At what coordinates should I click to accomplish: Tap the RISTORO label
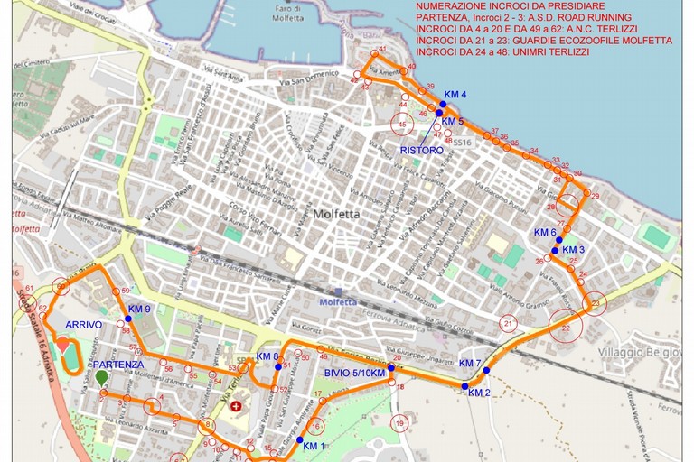pyautogui.click(x=421, y=151)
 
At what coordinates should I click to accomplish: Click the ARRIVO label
pyautogui.click(x=83, y=324)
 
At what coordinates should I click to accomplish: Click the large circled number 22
pyautogui.click(x=566, y=328)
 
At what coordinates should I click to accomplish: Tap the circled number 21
pyautogui.click(x=509, y=323)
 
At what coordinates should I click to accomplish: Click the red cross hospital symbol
pyautogui.click(x=238, y=407)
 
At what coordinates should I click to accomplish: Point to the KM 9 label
pyautogui.click(x=139, y=309)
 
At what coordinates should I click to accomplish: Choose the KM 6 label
pyautogui.click(x=545, y=232)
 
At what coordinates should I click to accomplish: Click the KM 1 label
pyautogui.click(x=313, y=446)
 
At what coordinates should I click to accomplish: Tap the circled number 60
pyautogui.click(x=61, y=286)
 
